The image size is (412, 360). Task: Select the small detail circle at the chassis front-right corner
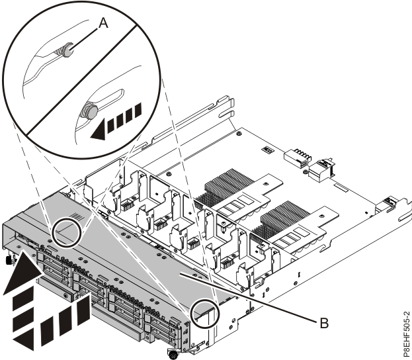205,314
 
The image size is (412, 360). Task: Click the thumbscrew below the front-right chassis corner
174,355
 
